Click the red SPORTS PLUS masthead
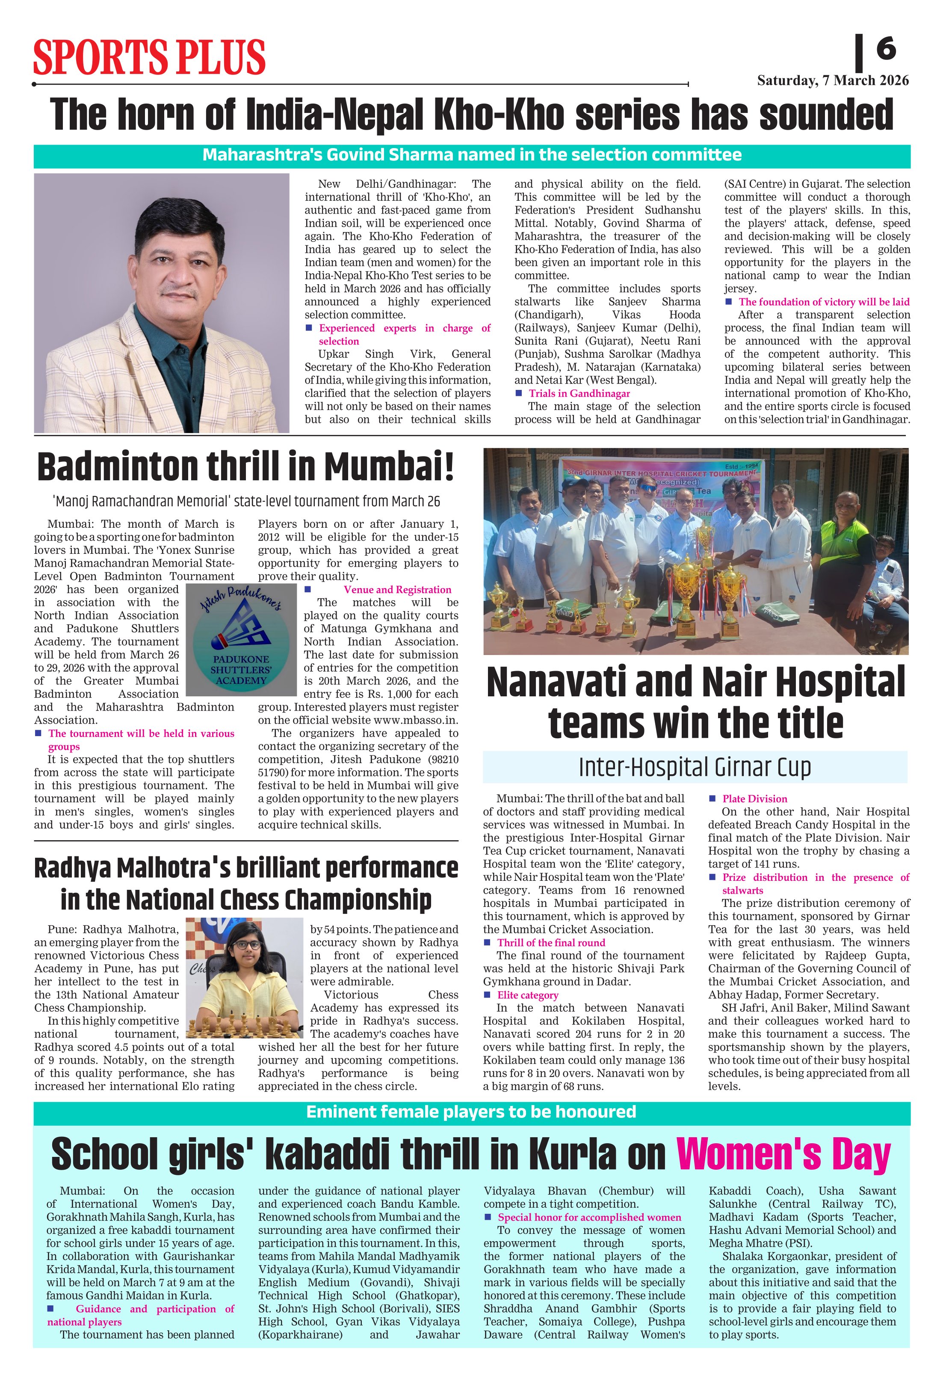point(149,58)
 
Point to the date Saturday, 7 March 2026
point(833,81)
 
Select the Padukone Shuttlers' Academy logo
point(241,639)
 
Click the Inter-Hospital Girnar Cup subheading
point(695,767)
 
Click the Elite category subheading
point(528,995)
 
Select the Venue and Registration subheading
point(397,589)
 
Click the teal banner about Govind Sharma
point(472,155)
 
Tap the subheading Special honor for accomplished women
point(589,1217)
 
